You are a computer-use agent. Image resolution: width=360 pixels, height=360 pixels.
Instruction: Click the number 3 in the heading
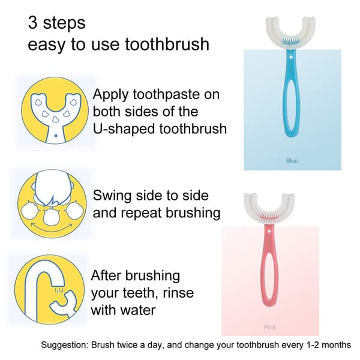32,23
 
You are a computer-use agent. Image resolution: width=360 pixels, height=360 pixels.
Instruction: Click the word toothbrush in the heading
167,44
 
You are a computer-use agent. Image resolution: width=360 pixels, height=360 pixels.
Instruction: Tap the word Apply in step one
110,95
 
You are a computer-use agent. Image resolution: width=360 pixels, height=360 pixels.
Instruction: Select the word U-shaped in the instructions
124,129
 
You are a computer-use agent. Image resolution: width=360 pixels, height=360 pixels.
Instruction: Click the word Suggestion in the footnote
65,345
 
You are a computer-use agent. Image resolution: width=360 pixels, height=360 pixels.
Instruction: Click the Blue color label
292,161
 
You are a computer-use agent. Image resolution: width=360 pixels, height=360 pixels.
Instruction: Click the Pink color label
270,327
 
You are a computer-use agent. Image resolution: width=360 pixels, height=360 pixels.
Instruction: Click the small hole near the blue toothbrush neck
290,56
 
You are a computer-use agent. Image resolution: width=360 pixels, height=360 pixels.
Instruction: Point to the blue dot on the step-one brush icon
55,136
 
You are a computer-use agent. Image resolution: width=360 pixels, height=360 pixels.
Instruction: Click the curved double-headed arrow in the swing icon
52,229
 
